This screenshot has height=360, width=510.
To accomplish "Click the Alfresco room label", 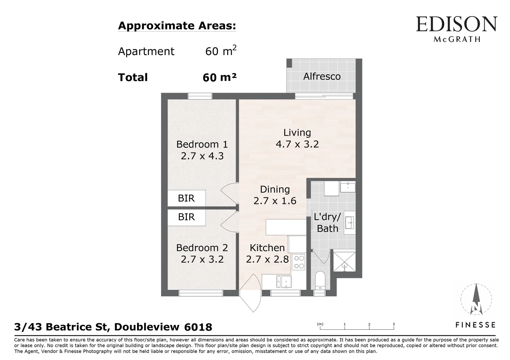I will [x=322, y=76].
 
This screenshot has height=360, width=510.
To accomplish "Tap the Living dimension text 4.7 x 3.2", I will [x=297, y=144].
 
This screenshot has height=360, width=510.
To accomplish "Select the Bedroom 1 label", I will [x=202, y=144].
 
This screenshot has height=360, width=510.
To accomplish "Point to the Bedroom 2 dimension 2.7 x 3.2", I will [x=202, y=259].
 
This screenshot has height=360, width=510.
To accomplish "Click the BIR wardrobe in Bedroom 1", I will [x=186, y=198].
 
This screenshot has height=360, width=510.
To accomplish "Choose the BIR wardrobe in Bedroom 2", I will [x=186, y=217].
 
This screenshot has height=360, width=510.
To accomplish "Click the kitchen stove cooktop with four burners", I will [x=298, y=262].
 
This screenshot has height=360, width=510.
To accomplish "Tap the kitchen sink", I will [x=283, y=282].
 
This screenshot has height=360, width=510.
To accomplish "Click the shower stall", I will [x=344, y=261].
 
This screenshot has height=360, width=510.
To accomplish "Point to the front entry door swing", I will [x=250, y=293].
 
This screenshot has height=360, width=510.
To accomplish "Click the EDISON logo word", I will [x=456, y=25].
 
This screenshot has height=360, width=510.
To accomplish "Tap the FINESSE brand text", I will [x=476, y=325].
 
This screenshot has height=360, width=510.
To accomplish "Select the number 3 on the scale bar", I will [x=394, y=324].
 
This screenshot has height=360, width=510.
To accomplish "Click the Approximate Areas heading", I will [x=177, y=26].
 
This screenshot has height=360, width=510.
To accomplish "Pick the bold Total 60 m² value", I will [x=219, y=77].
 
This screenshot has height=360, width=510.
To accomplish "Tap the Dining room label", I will [x=275, y=189].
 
